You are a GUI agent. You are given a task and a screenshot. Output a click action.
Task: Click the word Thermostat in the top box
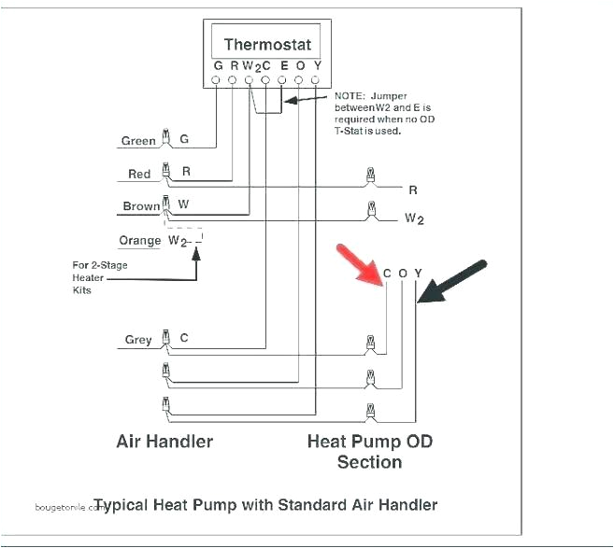[x=267, y=44]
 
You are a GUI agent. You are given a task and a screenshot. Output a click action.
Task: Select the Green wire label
[x=138, y=141]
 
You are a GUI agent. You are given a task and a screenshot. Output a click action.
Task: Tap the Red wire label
[x=139, y=174]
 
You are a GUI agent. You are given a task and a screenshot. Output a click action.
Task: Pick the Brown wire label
[x=141, y=206]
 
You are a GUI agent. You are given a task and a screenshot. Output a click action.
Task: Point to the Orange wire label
[x=140, y=240]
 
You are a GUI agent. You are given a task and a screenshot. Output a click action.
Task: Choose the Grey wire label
[x=138, y=340]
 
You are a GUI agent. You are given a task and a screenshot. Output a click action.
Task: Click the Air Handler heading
[x=164, y=441]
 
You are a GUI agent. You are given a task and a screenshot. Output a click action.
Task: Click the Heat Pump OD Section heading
[x=370, y=451]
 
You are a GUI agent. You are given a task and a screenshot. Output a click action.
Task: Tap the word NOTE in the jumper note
[x=349, y=96]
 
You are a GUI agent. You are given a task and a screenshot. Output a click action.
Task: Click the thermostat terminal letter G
[x=218, y=65]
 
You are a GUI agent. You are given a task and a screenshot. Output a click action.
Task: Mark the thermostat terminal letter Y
[x=317, y=65]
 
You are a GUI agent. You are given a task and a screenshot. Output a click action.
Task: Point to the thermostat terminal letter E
[x=284, y=65]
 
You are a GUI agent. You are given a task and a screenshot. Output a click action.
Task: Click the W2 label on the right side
[x=414, y=219]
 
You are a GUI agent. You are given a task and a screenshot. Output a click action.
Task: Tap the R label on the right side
[x=412, y=190]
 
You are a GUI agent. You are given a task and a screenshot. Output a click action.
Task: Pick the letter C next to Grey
[x=184, y=338]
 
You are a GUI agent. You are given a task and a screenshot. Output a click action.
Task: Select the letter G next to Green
[x=184, y=139]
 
